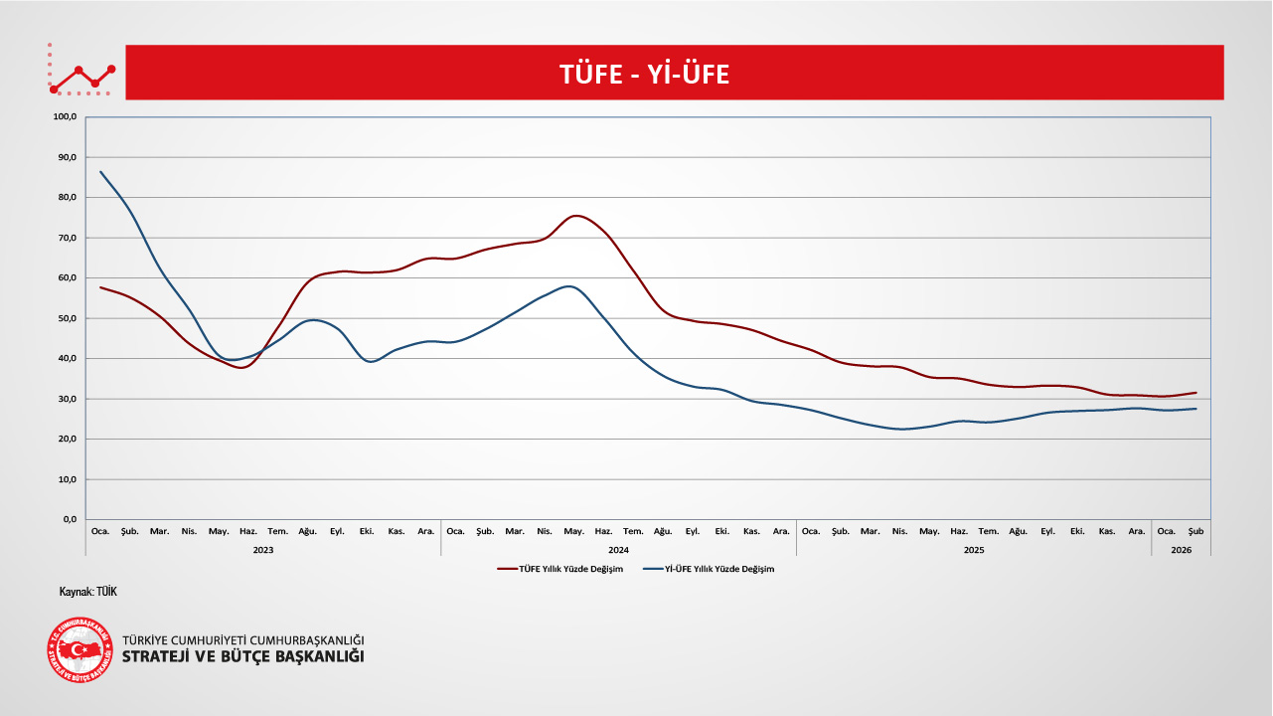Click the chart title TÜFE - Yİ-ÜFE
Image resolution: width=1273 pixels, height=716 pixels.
tap(644, 74)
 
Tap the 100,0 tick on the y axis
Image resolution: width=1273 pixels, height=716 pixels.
tap(66, 117)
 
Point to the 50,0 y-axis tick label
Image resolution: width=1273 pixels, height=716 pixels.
tap(68, 318)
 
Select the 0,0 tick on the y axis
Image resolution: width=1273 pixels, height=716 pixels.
tap(70, 519)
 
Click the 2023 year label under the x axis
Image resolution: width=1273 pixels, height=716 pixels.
tap(263, 549)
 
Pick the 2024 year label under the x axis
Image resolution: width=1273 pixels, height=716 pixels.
tap(618, 549)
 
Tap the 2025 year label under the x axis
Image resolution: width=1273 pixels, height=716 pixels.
tap(974, 549)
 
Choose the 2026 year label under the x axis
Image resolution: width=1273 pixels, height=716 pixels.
tap(1181, 549)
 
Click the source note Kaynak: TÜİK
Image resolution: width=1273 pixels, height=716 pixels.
tap(88, 592)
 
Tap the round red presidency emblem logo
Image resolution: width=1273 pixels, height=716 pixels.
tap(80, 649)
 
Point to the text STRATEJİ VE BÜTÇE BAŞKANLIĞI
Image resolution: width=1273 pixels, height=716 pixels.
tap(242, 657)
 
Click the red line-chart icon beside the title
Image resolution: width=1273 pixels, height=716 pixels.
tap(82, 72)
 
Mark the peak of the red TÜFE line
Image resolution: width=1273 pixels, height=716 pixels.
tap(575, 216)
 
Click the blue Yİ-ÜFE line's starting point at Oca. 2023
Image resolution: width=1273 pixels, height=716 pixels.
tap(100, 171)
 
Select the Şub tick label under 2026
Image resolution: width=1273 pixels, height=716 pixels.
tap(1195, 531)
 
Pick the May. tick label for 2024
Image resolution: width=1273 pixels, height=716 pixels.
tap(573, 531)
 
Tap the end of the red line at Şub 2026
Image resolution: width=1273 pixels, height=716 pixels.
tap(1195, 393)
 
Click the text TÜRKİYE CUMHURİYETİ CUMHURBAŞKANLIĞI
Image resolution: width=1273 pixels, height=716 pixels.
tap(242, 639)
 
